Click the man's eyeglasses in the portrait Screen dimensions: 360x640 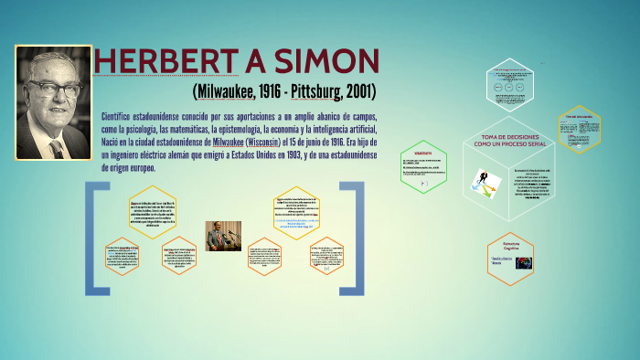pyautogui.click(x=54, y=88)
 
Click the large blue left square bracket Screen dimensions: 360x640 pyautogui.click(x=92, y=238)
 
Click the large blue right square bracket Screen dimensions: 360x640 pyautogui.click(x=353, y=238)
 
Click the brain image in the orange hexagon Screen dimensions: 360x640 pyautogui.click(x=525, y=263)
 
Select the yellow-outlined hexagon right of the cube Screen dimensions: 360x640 pyautogui.click(x=579, y=129)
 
